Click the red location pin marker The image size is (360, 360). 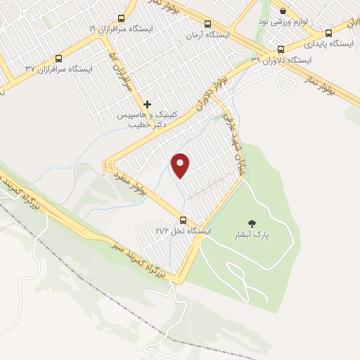coord(181,165)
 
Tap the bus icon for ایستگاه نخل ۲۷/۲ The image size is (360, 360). coord(184,220)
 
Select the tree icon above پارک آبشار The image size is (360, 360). coord(252,224)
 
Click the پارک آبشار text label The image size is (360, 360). coord(252,235)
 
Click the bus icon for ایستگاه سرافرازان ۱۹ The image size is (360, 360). coord(121,19)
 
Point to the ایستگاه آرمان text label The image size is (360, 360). coord(205,34)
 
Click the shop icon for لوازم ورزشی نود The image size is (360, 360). coord(283,11)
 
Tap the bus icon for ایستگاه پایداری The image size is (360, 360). coord(328,32)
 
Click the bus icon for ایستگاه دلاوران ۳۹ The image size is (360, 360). coord(281,49)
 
